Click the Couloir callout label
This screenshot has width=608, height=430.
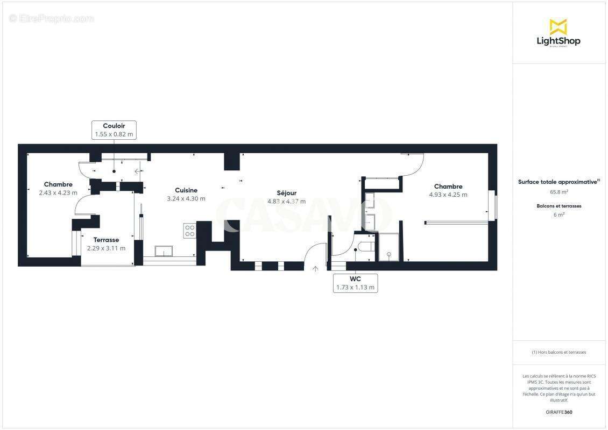click(x=114, y=130)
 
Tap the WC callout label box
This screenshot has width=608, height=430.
click(x=355, y=283)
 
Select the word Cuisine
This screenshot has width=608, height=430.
click(x=186, y=190)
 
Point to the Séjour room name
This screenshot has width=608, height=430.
click(x=287, y=193)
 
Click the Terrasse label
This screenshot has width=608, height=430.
click(x=106, y=240)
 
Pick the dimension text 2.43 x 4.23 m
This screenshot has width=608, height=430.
click(x=58, y=193)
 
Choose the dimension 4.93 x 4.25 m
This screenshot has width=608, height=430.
click(x=448, y=195)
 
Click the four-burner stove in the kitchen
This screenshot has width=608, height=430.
click(x=190, y=231)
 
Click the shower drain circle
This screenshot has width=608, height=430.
click(x=388, y=254)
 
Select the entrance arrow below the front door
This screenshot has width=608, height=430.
click(x=315, y=268)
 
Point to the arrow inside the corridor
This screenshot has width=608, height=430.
click(x=138, y=171)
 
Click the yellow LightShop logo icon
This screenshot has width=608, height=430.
click(x=558, y=27)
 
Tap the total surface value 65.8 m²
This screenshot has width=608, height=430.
click(x=558, y=191)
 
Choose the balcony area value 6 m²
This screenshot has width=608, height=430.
click(x=558, y=214)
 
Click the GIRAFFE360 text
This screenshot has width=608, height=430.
click(x=558, y=412)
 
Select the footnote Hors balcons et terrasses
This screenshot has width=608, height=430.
click(x=558, y=352)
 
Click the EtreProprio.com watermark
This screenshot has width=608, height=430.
click(x=52, y=18)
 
